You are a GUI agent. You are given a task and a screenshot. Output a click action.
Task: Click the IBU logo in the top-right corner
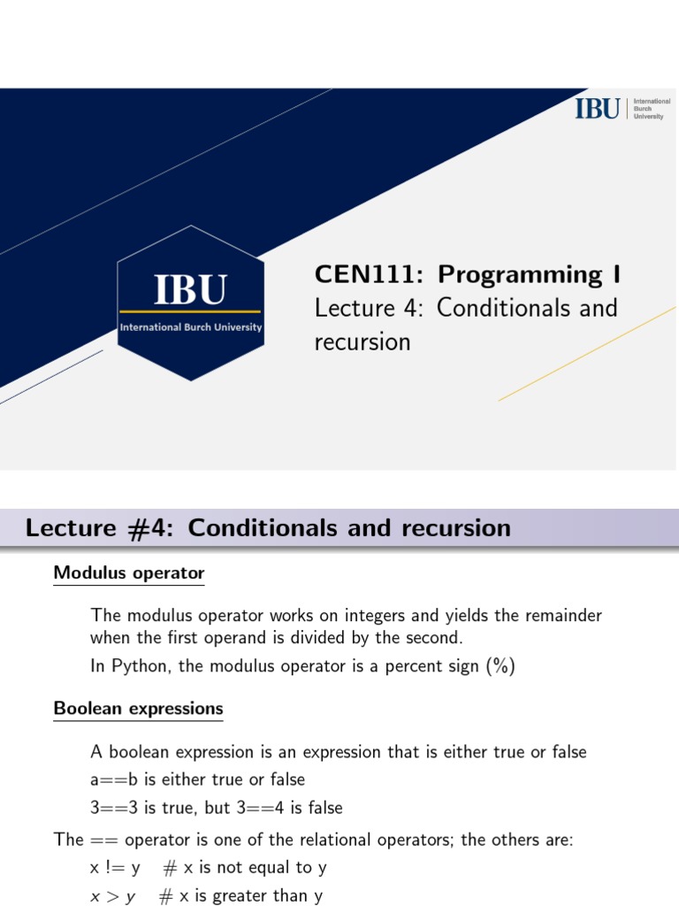[x=619, y=109]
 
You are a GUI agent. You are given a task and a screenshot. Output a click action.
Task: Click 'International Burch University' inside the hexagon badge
[x=191, y=327]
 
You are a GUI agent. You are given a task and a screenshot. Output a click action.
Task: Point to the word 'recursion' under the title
[x=362, y=342]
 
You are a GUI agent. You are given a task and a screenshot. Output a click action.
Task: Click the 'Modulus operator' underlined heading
[x=128, y=573]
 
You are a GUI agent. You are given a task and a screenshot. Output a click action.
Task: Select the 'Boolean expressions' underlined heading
[x=138, y=709]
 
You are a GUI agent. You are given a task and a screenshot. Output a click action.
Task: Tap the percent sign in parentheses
[x=499, y=667]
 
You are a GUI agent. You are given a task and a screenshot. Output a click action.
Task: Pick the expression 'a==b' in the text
[x=110, y=780]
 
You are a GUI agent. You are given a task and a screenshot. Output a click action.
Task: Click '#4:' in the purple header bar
[x=150, y=528]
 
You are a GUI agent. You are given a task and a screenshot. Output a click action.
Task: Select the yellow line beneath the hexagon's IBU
[x=190, y=311]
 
